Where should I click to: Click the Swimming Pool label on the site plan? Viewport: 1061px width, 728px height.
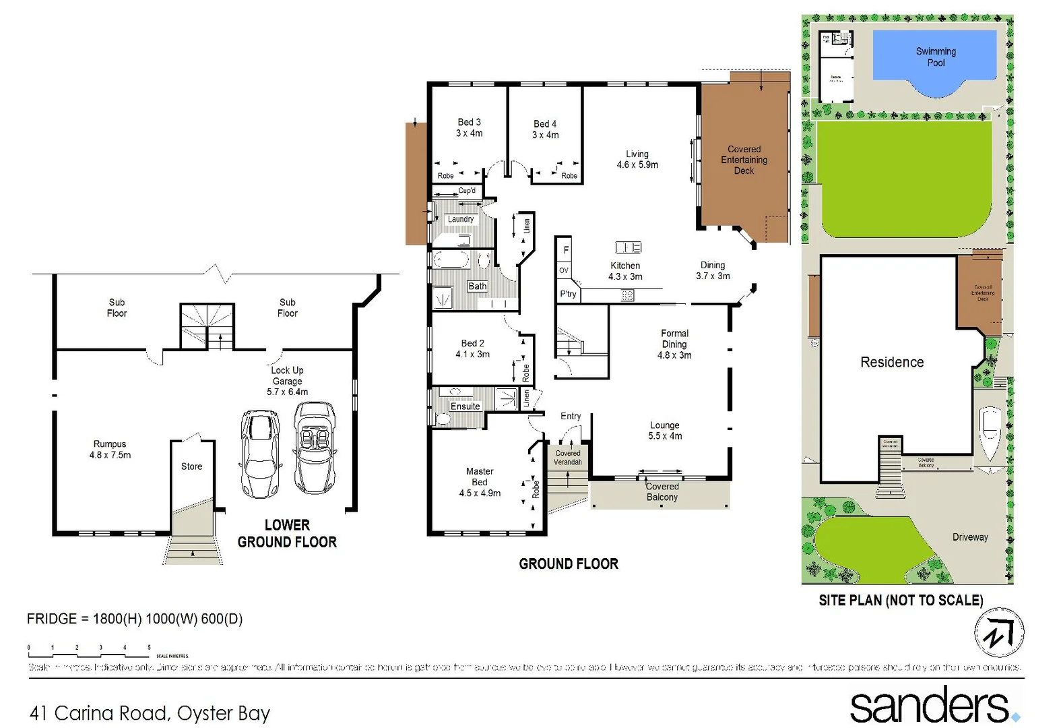click(x=935, y=57)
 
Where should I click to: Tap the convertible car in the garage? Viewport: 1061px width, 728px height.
click(x=315, y=448)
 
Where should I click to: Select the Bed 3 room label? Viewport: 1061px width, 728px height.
click(x=469, y=127)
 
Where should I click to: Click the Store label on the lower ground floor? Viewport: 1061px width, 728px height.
click(x=191, y=466)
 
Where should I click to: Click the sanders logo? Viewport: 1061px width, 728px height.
click(x=934, y=705)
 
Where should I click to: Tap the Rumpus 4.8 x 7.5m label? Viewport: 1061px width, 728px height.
click(x=110, y=450)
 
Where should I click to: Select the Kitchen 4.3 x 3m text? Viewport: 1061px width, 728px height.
click(x=625, y=271)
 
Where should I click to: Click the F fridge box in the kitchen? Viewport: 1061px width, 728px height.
click(x=565, y=250)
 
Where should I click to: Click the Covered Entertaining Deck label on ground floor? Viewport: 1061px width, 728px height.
click(x=744, y=160)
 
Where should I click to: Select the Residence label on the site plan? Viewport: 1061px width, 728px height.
click(x=891, y=363)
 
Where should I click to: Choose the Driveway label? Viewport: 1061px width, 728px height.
click(x=969, y=537)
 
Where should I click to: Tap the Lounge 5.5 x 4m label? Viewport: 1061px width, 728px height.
click(x=665, y=431)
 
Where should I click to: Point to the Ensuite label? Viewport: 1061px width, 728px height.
click(x=465, y=406)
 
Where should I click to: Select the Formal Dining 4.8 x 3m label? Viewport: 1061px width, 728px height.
click(x=674, y=344)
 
